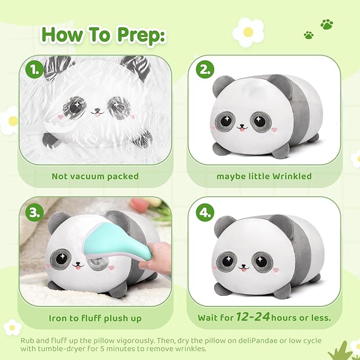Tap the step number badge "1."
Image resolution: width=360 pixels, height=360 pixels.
click(x=34, y=69)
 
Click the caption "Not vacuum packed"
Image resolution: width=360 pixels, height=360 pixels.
click(x=95, y=175)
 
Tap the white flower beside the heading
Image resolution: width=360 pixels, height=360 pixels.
click(x=248, y=32)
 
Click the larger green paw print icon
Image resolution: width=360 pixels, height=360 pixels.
click(x=327, y=24)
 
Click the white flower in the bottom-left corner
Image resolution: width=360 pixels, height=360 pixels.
click(x=12, y=327)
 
